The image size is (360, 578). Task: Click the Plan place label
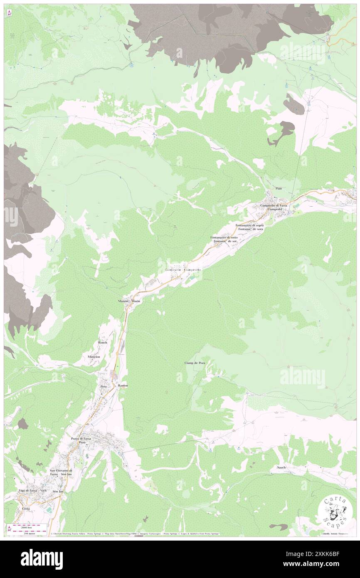point(278,189)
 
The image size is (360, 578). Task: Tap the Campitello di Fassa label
point(273,205)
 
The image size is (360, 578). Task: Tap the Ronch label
point(102,342)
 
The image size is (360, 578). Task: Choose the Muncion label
point(94,357)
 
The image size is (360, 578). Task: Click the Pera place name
point(104,386)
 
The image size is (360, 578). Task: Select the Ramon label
point(123,386)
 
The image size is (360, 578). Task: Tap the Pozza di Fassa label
point(81,439)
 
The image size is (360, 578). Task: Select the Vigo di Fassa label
point(27,491)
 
